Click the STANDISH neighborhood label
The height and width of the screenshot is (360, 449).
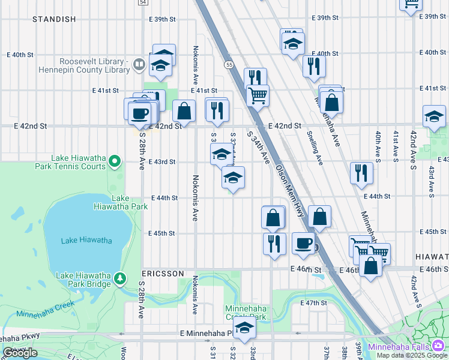tap(54, 19)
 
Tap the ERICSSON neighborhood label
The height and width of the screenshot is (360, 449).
tap(163, 274)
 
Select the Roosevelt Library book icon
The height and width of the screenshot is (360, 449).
tap(139, 62)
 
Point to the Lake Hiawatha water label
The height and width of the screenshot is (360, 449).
tap(86, 241)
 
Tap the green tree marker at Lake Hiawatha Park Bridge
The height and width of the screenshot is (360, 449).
tap(120, 278)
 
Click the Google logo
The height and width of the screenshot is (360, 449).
tap(20, 353)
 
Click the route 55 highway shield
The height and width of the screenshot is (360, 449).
tap(229, 64)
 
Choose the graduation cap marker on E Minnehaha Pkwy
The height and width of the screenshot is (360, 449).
tap(244, 328)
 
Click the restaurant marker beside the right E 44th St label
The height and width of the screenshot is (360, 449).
tap(361, 173)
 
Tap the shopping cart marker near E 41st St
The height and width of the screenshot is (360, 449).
tap(258, 95)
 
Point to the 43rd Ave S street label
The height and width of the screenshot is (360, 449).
tap(431, 181)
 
